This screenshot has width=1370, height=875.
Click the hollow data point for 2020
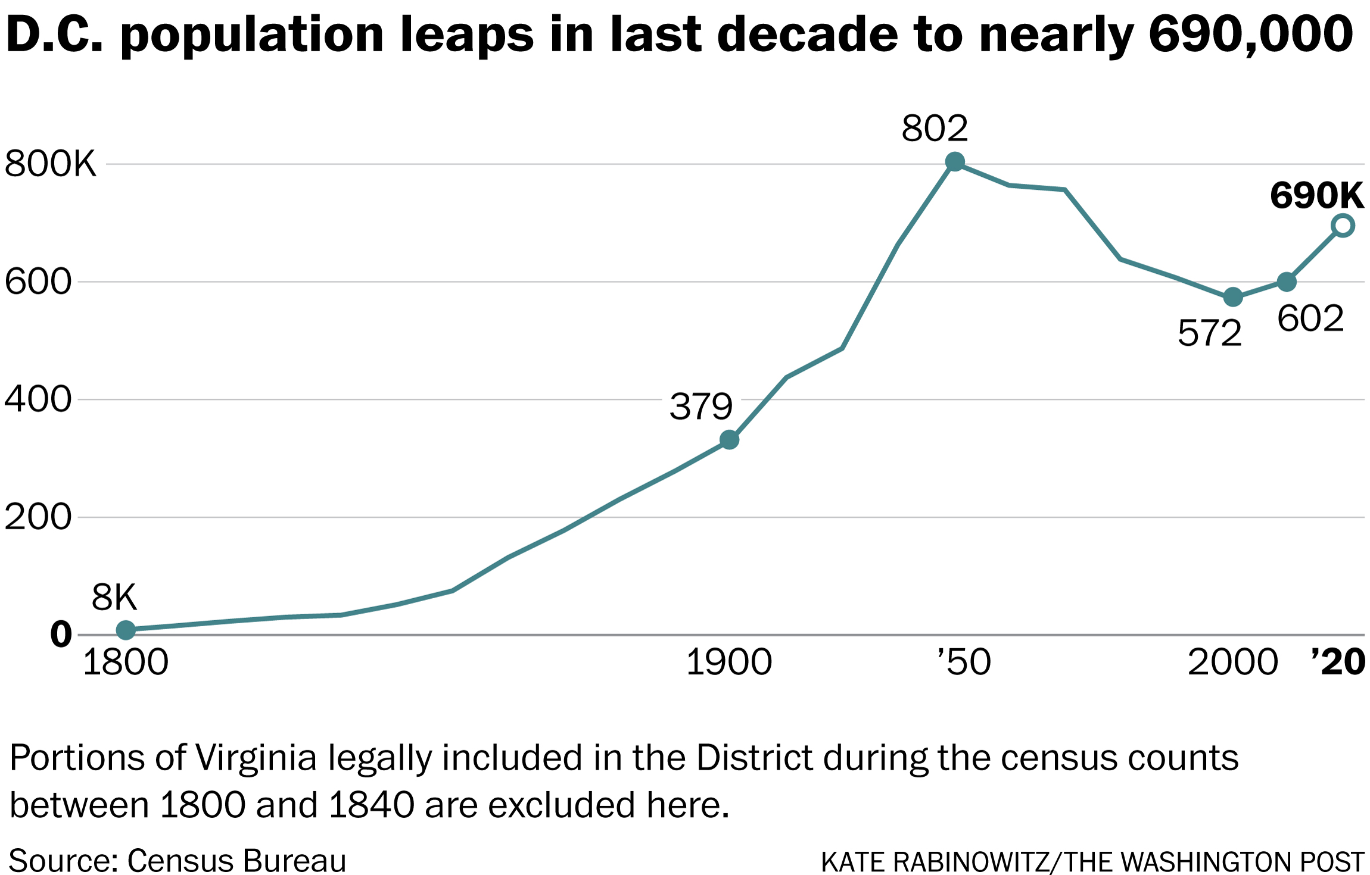pyautogui.click(x=1343, y=226)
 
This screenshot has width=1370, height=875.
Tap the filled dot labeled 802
pyautogui.click(x=955, y=161)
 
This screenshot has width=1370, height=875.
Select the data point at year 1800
pyautogui.click(x=126, y=630)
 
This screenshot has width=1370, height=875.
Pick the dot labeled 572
pyautogui.click(x=1233, y=297)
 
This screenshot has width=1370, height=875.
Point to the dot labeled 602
pyautogui.click(x=1287, y=282)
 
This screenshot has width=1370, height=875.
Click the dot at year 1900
pyautogui.click(x=729, y=440)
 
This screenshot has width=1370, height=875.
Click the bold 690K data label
pyautogui.click(x=1316, y=195)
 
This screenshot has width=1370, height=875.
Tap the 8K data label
pyautogui.click(x=114, y=597)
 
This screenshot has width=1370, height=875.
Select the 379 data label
pyautogui.click(x=700, y=407)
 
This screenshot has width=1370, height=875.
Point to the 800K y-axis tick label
pyautogui.click(x=50, y=164)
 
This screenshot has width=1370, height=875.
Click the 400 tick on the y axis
pyautogui.click(x=38, y=399)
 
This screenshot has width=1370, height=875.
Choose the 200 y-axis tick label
pyautogui.click(x=38, y=517)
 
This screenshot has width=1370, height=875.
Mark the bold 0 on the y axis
pyautogui.click(x=61, y=635)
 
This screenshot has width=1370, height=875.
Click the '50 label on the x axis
pyautogui.click(x=964, y=662)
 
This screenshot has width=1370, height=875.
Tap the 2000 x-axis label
pyautogui.click(x=1232, y=662)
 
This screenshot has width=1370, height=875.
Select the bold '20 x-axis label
pyautogui.click(x=1338, y=662)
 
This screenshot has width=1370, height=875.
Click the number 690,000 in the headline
pyautogui.click(x=1251, y=35)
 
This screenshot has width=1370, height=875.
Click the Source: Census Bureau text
pyautogui.click(x=178, y=861)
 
